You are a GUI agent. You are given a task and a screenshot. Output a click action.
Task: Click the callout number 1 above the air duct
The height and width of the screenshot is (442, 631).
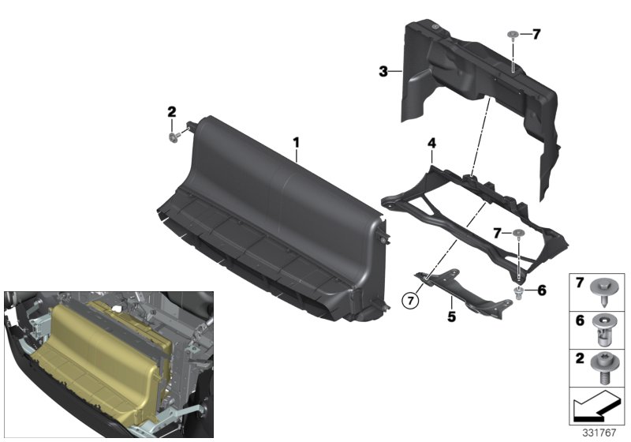click(297, 143)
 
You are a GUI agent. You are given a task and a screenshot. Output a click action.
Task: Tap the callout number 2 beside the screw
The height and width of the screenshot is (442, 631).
click(171, 112)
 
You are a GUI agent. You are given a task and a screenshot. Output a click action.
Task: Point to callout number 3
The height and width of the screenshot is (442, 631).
click(383, 72)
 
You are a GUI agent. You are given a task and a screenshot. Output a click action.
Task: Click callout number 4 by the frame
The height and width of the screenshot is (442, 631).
click(431, 144)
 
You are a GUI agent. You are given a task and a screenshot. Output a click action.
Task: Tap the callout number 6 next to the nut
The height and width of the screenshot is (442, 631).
click(542, 291)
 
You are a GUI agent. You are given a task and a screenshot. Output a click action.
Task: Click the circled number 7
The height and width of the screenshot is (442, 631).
click(408, 299)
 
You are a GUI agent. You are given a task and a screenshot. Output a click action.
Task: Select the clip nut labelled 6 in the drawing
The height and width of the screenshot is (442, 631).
click(519, 292)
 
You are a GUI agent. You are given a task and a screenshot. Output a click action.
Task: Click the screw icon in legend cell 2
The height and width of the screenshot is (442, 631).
click(606, 369)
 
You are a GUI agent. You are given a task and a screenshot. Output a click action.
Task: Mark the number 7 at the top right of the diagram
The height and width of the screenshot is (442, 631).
click(536, 34)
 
